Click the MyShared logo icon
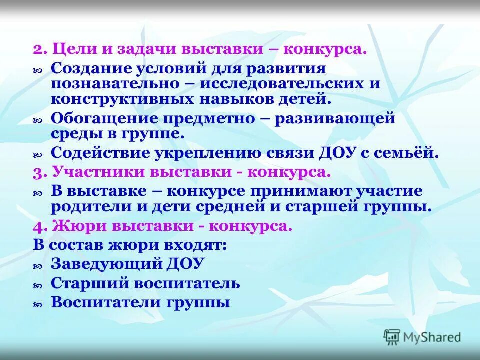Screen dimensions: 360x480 (x=392, y=337)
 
